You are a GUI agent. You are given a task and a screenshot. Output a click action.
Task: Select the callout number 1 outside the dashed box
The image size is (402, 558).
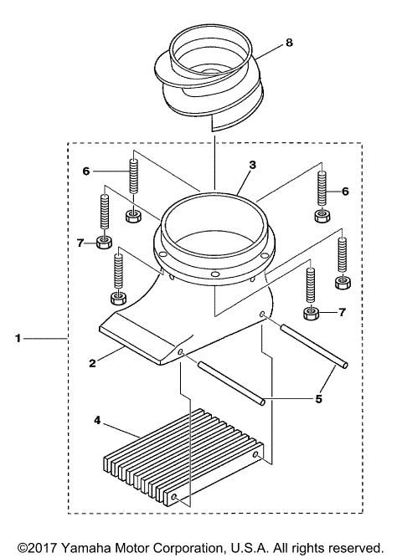(x=18, y=339)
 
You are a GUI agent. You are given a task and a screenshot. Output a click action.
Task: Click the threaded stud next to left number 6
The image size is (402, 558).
(x=132, y=177)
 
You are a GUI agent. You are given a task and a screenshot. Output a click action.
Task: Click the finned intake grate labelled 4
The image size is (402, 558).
(x=184, y=460)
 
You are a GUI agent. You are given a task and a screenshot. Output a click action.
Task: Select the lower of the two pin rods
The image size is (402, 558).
(x=231, y=381)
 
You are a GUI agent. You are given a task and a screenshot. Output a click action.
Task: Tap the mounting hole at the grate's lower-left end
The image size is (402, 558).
(x=173, y=499)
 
